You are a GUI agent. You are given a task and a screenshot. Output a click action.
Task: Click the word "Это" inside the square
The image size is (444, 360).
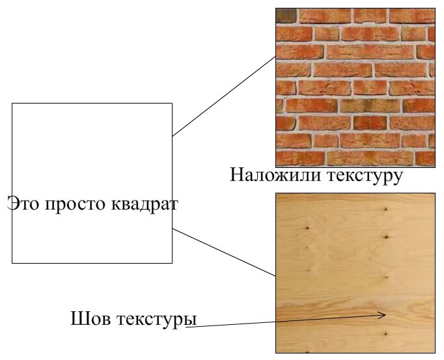point(23,204)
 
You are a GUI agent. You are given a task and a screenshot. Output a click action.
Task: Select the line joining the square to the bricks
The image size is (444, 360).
point(225,96)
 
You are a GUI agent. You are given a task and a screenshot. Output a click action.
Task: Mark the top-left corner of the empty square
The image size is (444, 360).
point(12,104)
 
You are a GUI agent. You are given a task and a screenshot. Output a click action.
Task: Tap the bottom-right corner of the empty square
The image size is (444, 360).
point(172,263)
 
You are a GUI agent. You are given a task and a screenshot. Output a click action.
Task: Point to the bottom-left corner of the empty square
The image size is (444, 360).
point(12,263)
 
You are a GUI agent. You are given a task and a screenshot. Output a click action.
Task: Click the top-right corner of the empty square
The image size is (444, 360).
point(172,104)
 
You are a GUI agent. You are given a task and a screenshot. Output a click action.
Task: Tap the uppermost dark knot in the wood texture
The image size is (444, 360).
point(386,210)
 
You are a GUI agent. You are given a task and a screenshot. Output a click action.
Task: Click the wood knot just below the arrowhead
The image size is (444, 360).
point(385,334)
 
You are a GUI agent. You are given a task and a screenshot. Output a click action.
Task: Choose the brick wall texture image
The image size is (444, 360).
point(355,87)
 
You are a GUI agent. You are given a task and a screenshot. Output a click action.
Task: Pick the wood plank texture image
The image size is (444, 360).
point(355,273)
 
